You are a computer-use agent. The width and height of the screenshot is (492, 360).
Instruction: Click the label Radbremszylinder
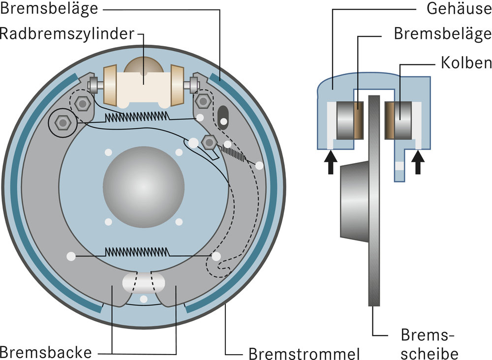coord(67,34)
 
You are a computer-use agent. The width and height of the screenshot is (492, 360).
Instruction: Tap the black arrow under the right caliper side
coord(419,163)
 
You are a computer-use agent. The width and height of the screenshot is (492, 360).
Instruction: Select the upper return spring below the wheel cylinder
coord(137,117)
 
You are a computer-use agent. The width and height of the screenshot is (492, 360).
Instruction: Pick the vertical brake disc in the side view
coord(375,197)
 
